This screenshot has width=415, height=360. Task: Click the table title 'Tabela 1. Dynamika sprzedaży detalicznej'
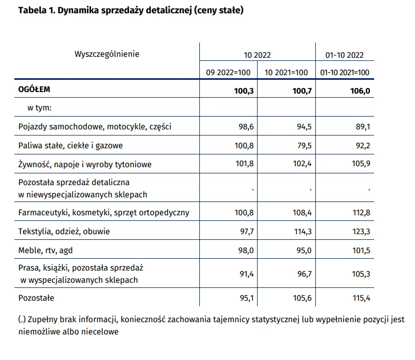[106, 10]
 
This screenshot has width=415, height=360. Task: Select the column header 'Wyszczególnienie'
[107, 54]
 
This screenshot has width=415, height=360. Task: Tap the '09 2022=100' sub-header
[228, 72]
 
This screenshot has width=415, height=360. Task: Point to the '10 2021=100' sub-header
[286, 72]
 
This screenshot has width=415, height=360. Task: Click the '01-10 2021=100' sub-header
[344, 72]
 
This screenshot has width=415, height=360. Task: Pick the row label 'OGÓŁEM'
[34, 89]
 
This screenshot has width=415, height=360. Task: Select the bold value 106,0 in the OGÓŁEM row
[360, 91]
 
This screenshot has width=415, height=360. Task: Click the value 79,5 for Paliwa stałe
[305, 145]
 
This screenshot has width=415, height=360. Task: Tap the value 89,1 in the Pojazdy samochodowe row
[363, 127]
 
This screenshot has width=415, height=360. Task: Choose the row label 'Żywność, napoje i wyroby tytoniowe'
[85, 164]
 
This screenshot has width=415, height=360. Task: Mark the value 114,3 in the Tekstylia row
[303, 232]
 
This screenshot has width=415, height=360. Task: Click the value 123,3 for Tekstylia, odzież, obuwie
[361, 232]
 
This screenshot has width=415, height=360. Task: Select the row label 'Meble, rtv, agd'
[45, 251]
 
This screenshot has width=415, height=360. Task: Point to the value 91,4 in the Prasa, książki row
[247, 274]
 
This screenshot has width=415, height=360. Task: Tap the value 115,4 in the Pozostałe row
[361, 298]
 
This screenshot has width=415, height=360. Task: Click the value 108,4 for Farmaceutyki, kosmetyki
[302, 212]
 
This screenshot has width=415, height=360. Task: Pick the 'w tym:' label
[39, 108]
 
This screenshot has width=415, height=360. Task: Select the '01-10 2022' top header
[344, 55]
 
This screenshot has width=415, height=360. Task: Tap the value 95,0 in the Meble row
[304, 251]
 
